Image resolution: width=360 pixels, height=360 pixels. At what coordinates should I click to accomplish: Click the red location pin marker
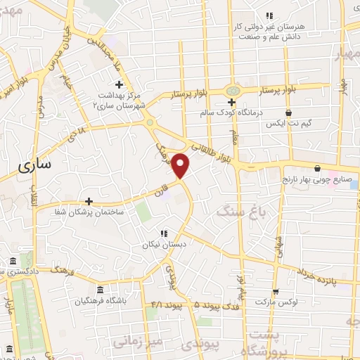click(x=181, y=165)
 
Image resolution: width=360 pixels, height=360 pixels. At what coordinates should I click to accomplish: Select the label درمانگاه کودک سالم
click(x=231, y=112)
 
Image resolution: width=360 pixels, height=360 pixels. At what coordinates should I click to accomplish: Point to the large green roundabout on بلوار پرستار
click(x=233, y=91)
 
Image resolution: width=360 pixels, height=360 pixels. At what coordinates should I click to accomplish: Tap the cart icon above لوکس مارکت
click(x=275, y=291)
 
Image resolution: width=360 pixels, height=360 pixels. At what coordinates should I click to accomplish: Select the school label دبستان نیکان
click(x=163, y=245)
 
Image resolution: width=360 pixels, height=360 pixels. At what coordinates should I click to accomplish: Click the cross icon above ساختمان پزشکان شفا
click(x=89, y=201)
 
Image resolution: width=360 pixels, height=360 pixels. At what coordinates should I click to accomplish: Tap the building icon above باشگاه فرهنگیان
click(x=99, y=290)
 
